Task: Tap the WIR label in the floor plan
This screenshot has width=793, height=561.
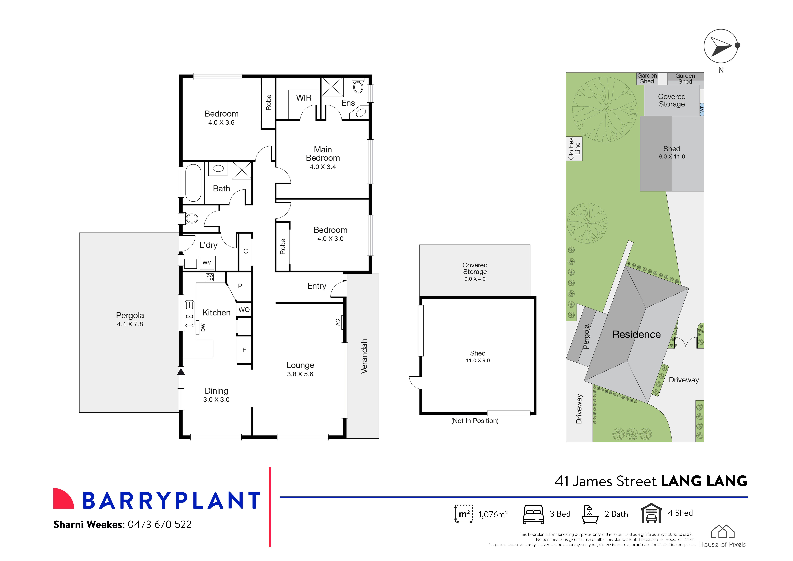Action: coord(304,98)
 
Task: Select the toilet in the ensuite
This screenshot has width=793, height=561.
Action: coord(358,86)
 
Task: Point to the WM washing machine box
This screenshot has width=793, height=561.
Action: coord(207,263)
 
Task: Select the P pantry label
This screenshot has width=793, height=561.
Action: coord(240,286)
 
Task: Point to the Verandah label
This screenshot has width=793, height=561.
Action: coord(364,356)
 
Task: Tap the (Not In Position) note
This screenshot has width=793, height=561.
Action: coord(475,421)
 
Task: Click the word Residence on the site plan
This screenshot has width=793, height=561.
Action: coord(636,334)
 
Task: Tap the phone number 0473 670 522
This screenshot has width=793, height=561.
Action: coord(160,524)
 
